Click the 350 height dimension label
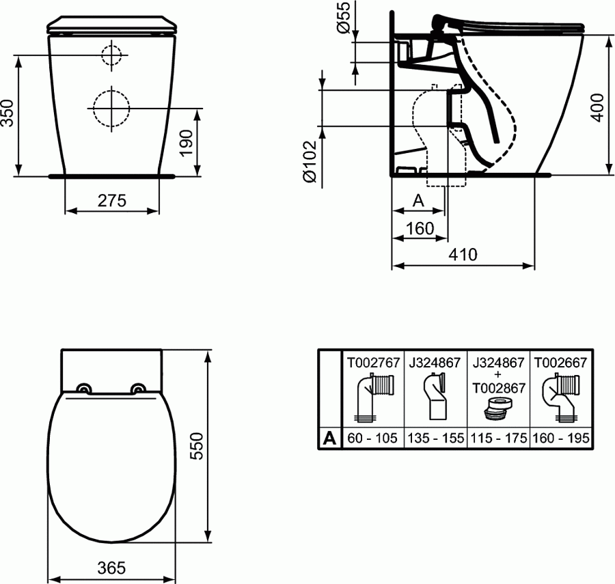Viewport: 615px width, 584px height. (x=8, y=113)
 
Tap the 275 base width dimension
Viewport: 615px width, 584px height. (x=112, y=201)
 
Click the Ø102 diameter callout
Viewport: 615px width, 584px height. (x=309, y=161)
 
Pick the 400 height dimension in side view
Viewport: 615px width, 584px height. (x=598, y=105)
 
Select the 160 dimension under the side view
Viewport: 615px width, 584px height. (x=420, y=228)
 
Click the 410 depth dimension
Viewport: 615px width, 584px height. (x=463, y=254)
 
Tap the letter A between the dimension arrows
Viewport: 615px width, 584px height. (x=419, y=201)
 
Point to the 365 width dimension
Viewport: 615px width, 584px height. (x=112, y=568)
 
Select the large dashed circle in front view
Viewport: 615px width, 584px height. (x=109, y=107)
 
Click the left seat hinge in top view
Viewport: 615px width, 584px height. (x=85, y=388)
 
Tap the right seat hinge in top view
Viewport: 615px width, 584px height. (x=139, y=388)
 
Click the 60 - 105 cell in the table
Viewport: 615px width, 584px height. (x=372, y=439)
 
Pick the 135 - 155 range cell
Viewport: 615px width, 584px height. (x=435, y=439)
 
